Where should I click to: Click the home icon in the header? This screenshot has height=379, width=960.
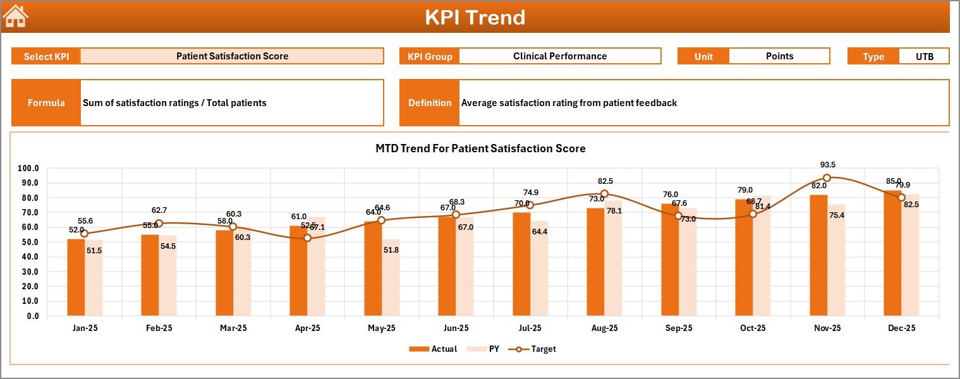tap(16, 16)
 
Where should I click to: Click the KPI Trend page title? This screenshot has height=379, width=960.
tap(475, 17)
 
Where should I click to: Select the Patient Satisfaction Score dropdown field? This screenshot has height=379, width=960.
tap(232, 56)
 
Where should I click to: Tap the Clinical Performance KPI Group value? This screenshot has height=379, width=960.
tap(559, 56)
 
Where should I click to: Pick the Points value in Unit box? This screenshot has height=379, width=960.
tap(779, 56)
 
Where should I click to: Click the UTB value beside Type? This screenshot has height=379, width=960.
tap(924, 56)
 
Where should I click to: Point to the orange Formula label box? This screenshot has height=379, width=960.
tap(46, 103)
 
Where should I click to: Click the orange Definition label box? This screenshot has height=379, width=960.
tap(430, 103)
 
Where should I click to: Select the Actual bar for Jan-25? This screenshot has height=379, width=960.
tap(76, 277)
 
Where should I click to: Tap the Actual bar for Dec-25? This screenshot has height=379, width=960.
tap(892, 253)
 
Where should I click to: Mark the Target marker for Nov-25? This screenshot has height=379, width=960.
tap(827, 178)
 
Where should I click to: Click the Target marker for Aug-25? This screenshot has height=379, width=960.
tap(604, 194)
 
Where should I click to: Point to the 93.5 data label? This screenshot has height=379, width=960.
tap(827, 165)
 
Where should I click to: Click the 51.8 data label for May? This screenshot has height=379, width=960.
tap(391, 250)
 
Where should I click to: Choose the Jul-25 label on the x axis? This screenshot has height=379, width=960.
tap(530, 328)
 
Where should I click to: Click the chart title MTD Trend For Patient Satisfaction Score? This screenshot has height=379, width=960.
tap(480, 149)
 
